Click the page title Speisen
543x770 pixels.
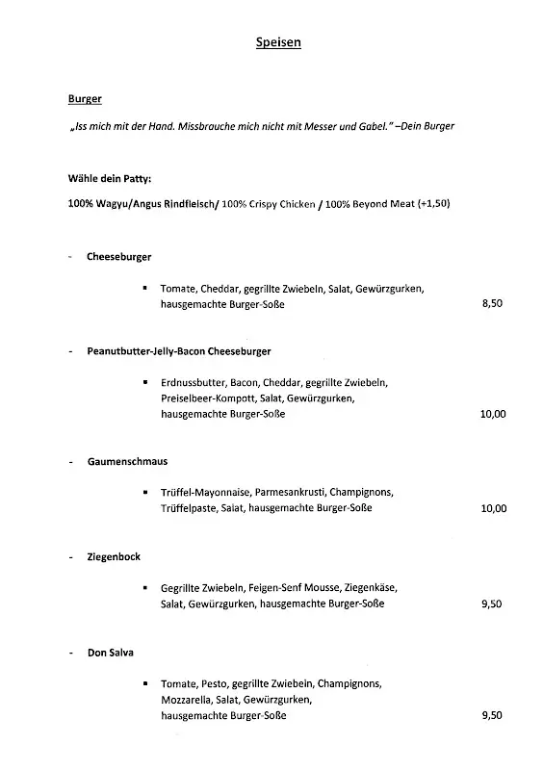coord(278,42)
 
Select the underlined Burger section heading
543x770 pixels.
coord(85,98)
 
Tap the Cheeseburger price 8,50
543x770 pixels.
coord(492,304)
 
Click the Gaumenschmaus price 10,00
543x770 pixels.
coord(493,508)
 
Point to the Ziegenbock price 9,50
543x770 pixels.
coord(492,603)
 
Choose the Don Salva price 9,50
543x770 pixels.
coord(492,716)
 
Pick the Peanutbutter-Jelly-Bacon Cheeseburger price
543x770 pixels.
coord(493,414)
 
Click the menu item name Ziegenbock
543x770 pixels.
coord(113,557)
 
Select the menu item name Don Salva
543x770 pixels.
coord(110,653)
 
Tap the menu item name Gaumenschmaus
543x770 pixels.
coord(127,462)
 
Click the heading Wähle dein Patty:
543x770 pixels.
coord(110,178)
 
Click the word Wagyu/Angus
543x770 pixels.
coord(129,203)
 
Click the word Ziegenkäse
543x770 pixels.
coord(369,587)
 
